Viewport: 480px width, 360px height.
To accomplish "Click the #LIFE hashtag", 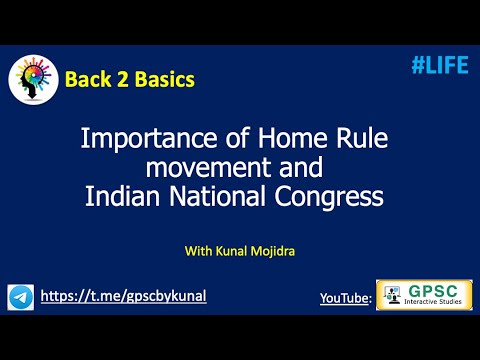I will tap(439, 65).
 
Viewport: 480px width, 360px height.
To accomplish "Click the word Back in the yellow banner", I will tap(86, 78).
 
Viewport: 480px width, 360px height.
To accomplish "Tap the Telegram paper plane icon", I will tap(20, 297).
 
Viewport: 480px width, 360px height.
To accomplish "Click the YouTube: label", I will tap(345, 298).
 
